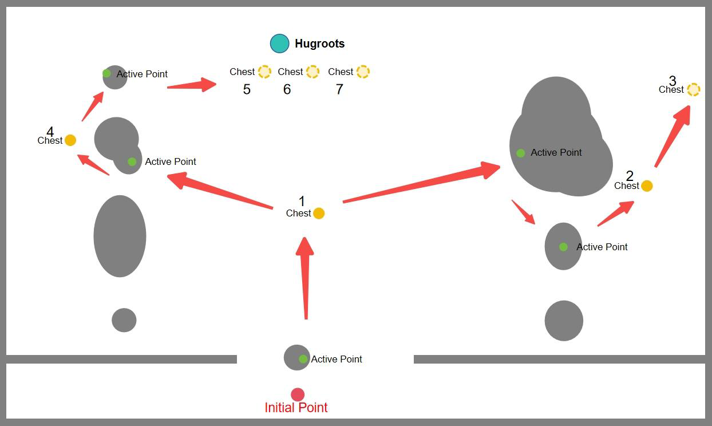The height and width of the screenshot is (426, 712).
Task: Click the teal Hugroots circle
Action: tap(279, 44)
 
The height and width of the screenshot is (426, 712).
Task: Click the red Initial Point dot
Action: tap(298, 395)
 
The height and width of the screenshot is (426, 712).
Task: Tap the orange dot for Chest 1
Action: tap(318, 214)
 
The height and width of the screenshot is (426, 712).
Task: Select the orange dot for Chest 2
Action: tap(647, 186)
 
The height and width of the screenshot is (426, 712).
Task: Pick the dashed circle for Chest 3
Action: tap(693, 89)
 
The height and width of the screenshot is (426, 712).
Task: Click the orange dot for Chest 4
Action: tap(70, 140)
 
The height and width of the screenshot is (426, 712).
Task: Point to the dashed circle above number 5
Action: tap(264, 72)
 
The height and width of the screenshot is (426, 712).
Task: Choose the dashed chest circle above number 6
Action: tap(313, 72)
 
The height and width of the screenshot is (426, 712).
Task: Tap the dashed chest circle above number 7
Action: tap(363, 72)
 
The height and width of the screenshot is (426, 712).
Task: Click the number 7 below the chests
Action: tap(339, 89)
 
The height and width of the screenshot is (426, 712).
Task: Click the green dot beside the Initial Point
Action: tap(303, 359)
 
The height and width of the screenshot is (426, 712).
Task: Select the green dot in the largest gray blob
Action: tap(520, 153)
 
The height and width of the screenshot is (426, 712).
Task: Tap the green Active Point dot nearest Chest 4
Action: tap(132, 161)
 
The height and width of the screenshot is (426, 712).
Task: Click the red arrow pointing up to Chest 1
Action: tap(305, 278)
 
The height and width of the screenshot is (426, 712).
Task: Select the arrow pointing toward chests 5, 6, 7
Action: tap(192, 85)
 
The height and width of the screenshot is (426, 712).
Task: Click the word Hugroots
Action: tap(319, 44)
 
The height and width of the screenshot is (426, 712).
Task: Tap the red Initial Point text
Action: tap(296, 408)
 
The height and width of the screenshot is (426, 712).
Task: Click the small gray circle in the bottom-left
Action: tap(124, 320)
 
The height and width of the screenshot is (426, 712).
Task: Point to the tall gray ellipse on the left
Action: tap(120, 236)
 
